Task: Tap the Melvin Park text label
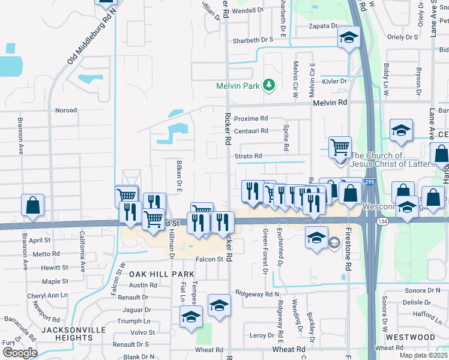238,86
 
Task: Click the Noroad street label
66,110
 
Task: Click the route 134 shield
381,222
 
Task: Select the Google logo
19,353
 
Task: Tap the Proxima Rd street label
250,119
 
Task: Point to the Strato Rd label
248,157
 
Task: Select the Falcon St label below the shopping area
208,259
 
